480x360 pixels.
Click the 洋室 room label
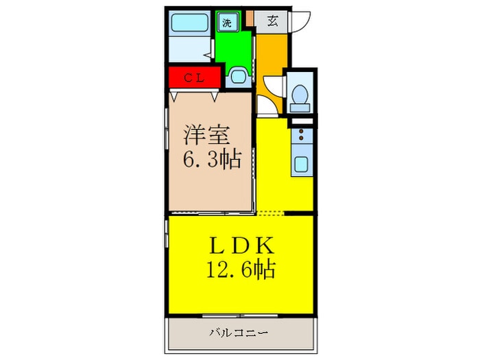click(x=206, y=135)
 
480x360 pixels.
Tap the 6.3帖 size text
click(x=212, y=158)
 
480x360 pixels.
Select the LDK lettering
click(x=241, y=245)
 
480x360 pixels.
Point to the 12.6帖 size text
click(x=241, y=269)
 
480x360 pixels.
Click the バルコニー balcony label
click(x=239, y=333)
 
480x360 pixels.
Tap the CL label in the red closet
click(x=194, y=78)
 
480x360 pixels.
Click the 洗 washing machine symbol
click(x=227, y=23)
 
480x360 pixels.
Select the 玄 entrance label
click(x=273, y=21)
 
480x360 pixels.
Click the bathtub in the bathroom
click(x=190, y=23)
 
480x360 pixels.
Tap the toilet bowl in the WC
click(x=300, y=94)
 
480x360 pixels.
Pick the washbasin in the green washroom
click(x=238, y=76)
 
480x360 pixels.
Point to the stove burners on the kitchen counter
click(x=301, y=134)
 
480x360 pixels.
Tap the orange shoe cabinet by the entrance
click(x=250, y=19)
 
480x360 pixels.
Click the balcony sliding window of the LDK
click(x=240, y=315)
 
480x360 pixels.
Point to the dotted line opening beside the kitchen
click(x=271, y=213)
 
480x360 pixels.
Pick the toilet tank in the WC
click(x=300, y=108)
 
